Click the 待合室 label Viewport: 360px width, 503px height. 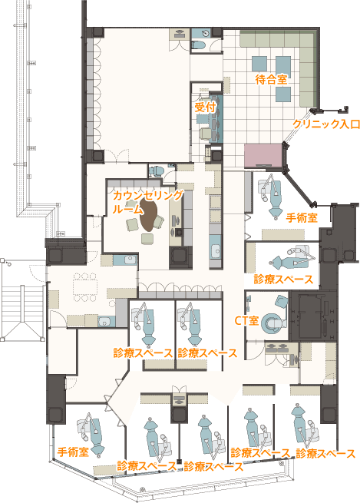(271, 79)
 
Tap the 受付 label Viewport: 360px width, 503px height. (205, 107)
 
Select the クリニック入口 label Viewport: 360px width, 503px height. (326, 124)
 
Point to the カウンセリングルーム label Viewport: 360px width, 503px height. (147, 202)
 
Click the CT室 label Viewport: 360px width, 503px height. (246, 320)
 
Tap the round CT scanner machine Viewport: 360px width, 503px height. (272, 323)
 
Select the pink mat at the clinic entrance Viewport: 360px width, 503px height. (263, 155)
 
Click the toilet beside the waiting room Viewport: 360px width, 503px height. (199, 45)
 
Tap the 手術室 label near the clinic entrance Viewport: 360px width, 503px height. (302, 218)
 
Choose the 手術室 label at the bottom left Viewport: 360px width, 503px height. (73, 452)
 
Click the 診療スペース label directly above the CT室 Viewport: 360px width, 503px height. (283, 279)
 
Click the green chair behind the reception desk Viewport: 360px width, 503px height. (205, 134)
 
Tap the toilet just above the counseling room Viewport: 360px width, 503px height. (157, 170)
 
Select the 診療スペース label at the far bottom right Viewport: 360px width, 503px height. (325, 454)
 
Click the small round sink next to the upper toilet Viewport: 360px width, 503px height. (205, 33)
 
